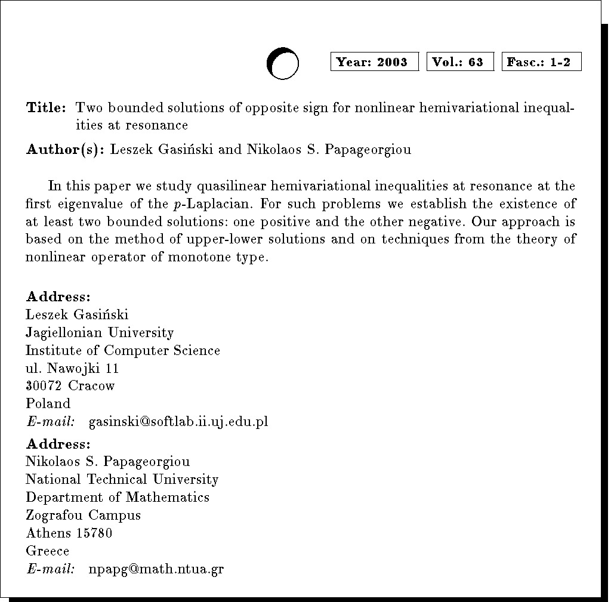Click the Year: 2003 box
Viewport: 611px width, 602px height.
pos(375,62)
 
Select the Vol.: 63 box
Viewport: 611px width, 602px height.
pos(460,62)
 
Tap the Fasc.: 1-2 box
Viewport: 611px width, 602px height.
pos(541,62)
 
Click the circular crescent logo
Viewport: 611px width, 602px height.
pos(282,63)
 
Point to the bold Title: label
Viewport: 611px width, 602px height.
pos(45,108)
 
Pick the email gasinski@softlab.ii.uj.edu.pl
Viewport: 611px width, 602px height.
pos(178,422)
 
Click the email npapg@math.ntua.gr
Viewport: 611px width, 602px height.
pos(156,569)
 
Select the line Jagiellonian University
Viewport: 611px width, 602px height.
pos(100,332)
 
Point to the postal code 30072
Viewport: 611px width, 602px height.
pos(44,386)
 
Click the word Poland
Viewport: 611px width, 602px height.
pos(48,404)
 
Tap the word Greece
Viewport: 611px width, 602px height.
pos(48,551)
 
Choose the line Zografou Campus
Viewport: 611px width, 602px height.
pos(84,515)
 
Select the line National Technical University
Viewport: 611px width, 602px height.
pos(122,479)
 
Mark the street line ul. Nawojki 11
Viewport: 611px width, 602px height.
pos(72,368)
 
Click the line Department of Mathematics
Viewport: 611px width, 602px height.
pos(118,497)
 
